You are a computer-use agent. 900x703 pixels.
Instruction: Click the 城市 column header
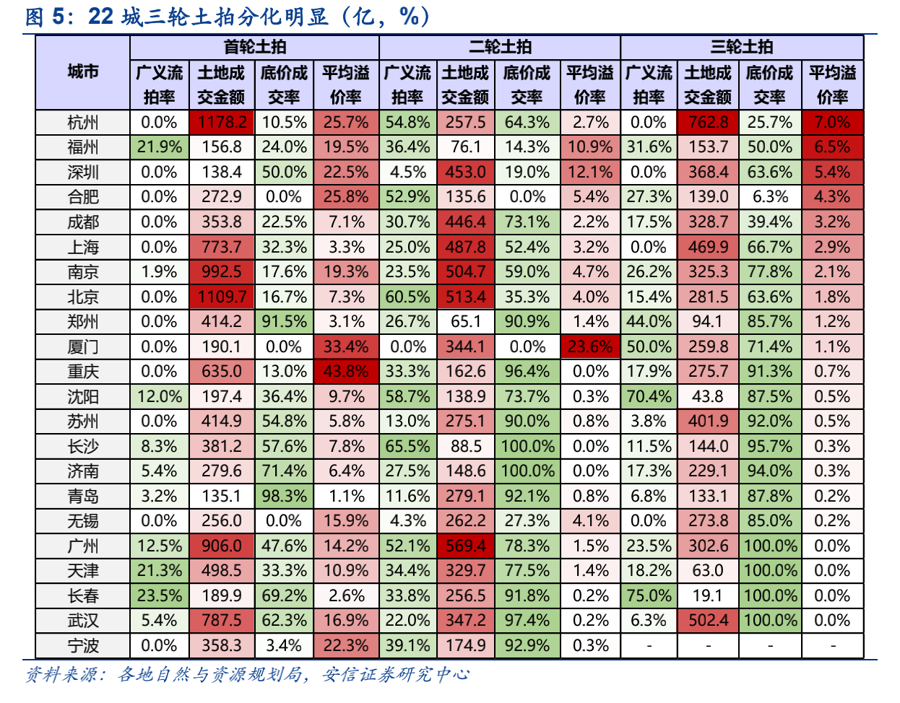point(82,71)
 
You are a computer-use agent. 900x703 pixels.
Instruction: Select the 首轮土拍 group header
point(254,47)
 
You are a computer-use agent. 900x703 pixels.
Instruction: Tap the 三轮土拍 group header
point(742,47)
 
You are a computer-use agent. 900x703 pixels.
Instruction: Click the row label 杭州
point(82,123)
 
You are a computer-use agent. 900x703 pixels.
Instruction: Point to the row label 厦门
point(82,347)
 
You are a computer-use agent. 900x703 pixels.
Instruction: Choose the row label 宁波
point(82,646)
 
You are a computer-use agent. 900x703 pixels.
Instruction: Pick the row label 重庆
point(82,372)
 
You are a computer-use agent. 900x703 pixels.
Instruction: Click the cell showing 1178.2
point(222,123)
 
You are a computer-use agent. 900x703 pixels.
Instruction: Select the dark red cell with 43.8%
point(346,372)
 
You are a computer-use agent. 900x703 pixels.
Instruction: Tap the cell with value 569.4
point(466,546)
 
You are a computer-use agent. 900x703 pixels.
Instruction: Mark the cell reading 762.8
point(708,123)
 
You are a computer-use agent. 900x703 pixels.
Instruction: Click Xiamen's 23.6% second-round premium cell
point(590,347)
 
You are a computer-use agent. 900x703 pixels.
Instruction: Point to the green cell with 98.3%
point(284,497)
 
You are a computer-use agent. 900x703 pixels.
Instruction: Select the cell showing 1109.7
point(222,297)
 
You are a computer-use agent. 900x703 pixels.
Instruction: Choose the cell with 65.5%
point(407,447)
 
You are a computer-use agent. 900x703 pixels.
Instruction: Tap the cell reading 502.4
point(708,621)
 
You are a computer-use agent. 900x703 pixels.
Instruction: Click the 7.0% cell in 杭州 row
point(832,123)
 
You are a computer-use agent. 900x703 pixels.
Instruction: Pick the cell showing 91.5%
point(284,322)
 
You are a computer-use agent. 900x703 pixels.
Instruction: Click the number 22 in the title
point(100,16)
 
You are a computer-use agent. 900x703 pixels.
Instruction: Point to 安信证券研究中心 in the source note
point(396,675)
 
